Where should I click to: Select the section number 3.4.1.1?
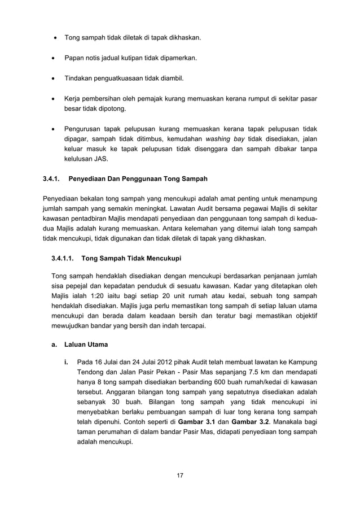pos(63,260)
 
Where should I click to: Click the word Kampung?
pos(301,361)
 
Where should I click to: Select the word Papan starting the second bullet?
pos(74,59)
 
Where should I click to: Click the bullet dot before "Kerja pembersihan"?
pos(54,99)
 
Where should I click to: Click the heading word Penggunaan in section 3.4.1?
pos(144,179)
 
